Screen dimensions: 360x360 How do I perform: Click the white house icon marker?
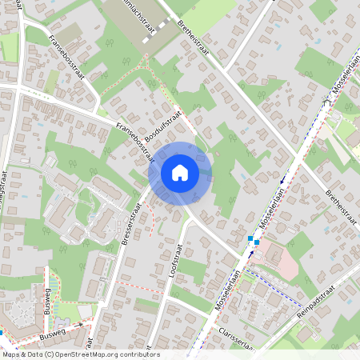[x=179, y=172]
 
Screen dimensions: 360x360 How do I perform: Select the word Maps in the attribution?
[x=11, y=354]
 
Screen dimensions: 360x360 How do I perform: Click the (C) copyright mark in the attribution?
[x=50, y=354]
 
